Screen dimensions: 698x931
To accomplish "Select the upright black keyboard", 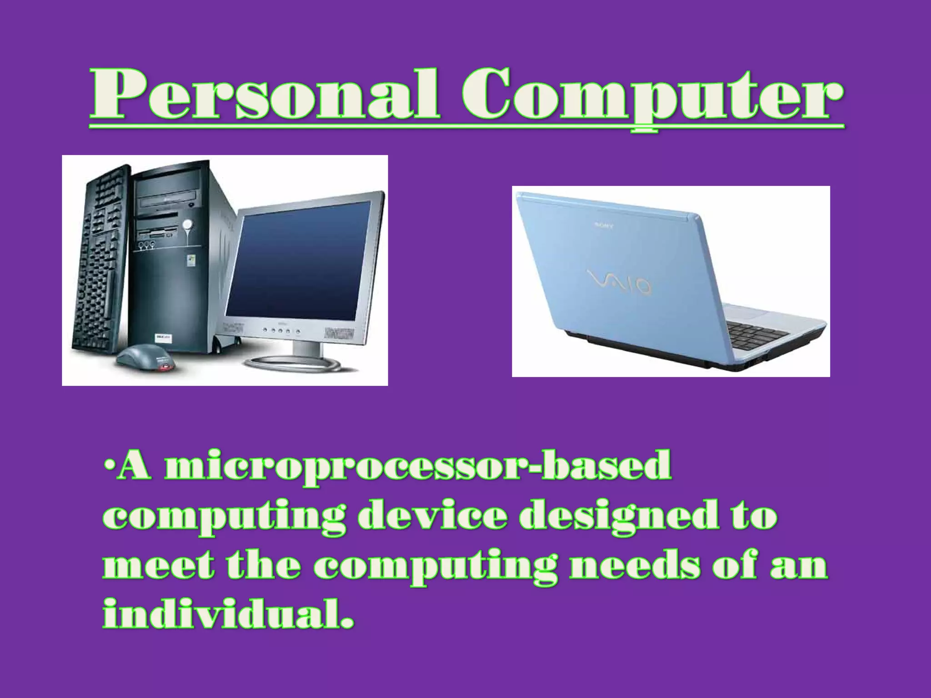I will pyautogui.click(x=102, y=259).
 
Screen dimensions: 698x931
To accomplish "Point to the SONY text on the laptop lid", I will pyautogui.click(x=604, y=225).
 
